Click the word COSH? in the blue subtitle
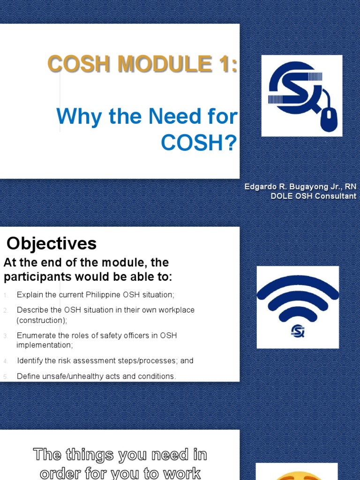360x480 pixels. [x=199, y=144]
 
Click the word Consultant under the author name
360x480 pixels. [x=335, y=196]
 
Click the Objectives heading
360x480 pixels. [x=52, y=243]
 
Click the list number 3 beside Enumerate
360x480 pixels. [x=6, y=336]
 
